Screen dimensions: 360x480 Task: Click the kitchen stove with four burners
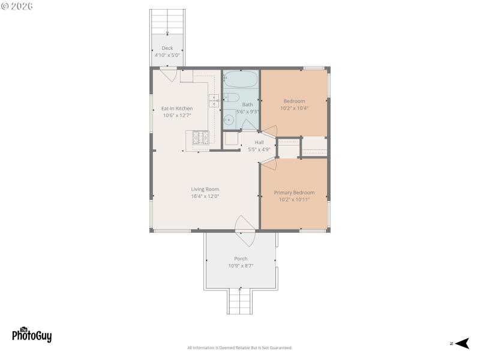point(200,139)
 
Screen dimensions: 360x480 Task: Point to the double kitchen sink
point(214,100)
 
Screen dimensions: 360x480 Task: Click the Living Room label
point(205,189)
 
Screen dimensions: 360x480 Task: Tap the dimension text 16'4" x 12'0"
point(205,196)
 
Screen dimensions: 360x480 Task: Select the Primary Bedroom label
point(294,193)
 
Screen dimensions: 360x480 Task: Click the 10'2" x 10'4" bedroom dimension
point(294,109)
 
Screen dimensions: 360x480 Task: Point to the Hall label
point(259,142)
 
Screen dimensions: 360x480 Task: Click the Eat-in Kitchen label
point(177,109)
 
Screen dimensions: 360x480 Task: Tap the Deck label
point(167,48)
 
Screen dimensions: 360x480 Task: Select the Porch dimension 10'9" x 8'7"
point(241,266)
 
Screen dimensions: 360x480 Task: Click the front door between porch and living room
point(245,231)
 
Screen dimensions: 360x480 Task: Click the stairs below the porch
point(240,300)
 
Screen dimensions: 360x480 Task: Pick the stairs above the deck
point(167,21)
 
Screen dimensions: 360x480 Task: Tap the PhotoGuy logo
point(32,334)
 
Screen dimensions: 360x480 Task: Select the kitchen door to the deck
point(168,76)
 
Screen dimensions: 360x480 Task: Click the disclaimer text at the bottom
point(240,348)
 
